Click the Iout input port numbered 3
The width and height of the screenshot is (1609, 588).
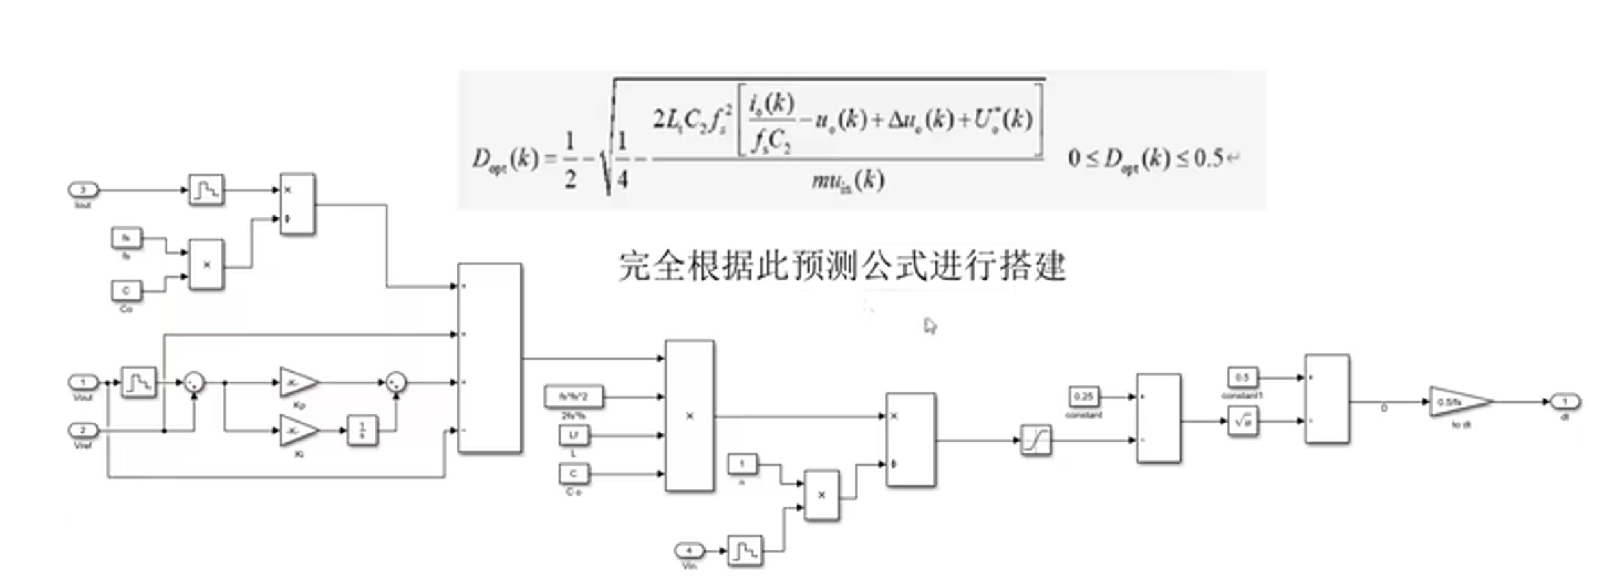83,190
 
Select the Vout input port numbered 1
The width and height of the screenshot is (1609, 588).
83,382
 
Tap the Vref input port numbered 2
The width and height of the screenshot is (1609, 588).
83,430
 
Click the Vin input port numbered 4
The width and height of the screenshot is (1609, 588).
689,551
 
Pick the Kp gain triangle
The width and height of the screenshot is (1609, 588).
298,382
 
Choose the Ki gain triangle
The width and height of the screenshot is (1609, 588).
298,431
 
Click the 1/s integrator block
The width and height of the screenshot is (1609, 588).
362,430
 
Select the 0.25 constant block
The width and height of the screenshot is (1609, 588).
1083,397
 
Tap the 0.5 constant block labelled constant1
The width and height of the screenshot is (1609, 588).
1242,377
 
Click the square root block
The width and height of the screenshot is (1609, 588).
1243,421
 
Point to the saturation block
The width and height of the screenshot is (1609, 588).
1035,441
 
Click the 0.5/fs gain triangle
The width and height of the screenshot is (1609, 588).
1457,402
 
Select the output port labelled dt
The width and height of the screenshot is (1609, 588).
1565,402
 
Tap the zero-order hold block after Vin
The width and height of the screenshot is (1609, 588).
745,551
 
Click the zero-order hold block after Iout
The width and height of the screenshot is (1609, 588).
206,190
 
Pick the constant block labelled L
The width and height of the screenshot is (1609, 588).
574,435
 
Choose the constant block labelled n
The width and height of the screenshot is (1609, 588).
742,464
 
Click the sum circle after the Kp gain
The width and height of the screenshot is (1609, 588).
396,382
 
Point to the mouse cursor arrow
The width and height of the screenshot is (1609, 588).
930,326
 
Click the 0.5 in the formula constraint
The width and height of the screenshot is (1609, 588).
1209,158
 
